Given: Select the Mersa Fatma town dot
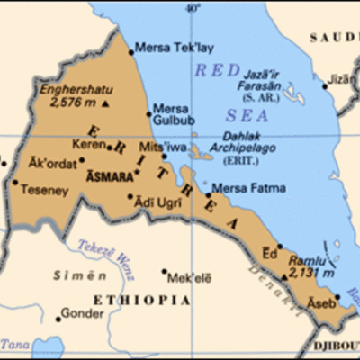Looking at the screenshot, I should coord(209,193).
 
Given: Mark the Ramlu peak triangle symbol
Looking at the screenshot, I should coord(285,275).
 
